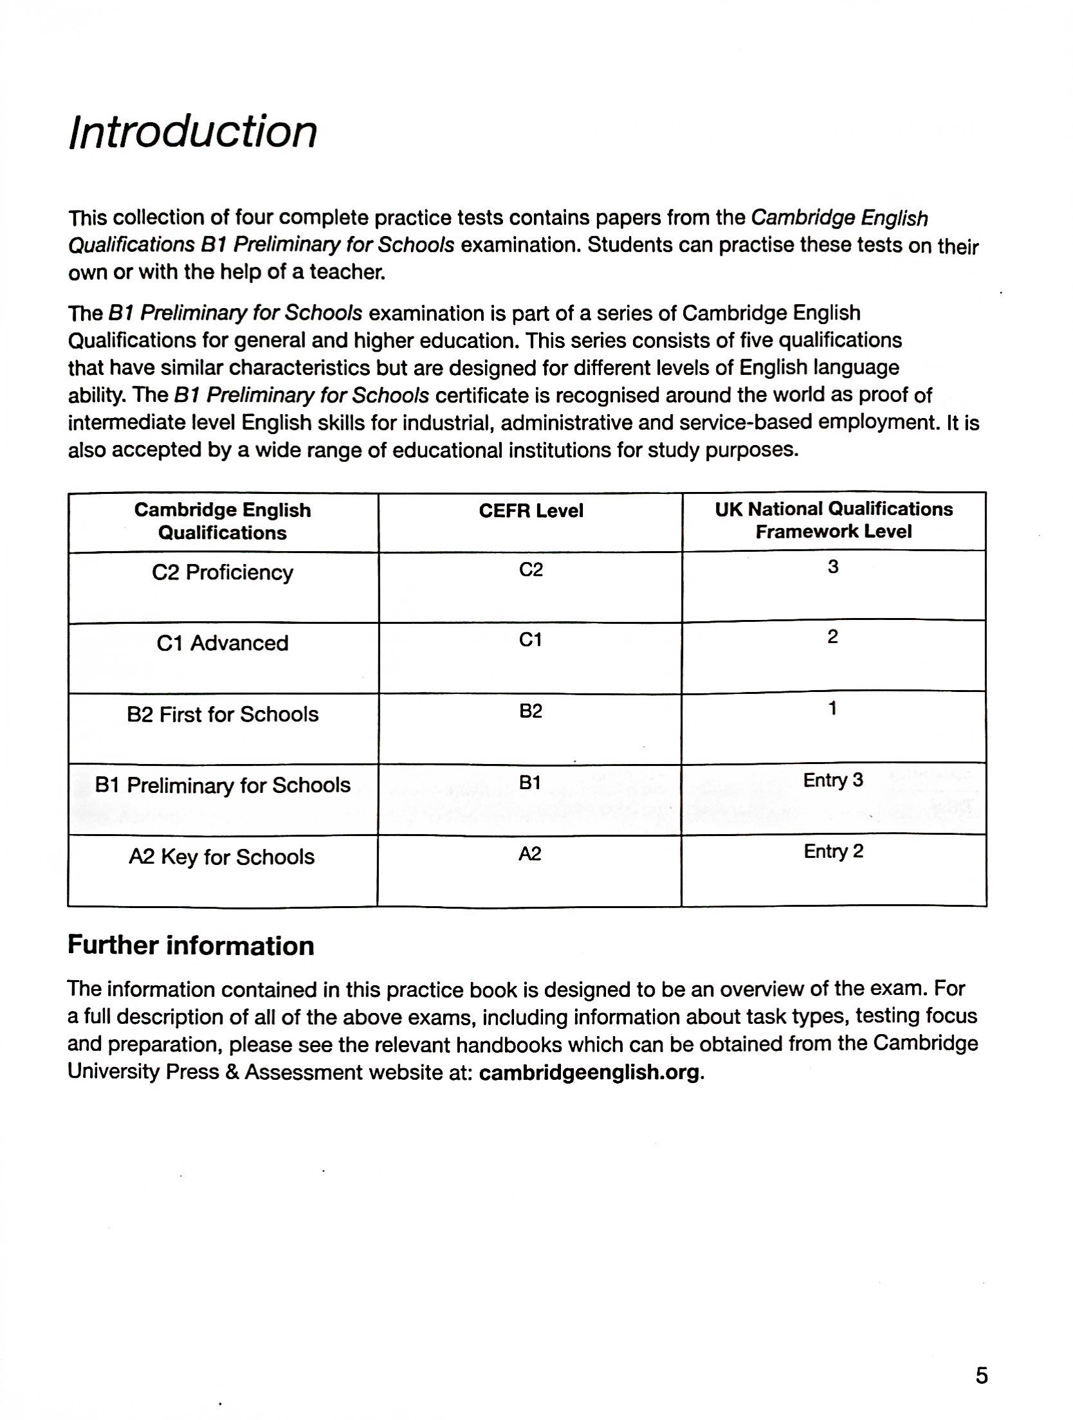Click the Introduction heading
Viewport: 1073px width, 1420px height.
click(x=192, y=132)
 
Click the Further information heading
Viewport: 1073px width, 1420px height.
click(x=190, y=946)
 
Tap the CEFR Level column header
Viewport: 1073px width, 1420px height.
click(x=531, y=511)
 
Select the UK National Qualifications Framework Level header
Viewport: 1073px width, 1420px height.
click(x=834, y=520)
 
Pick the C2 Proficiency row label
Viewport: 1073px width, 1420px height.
click(x=223, y=572)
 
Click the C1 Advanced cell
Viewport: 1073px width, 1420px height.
click(x=223, y=643)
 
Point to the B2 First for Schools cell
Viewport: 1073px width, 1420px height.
click(x=223, y=715)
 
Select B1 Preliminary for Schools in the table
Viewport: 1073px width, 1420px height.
click(x=223, y=785)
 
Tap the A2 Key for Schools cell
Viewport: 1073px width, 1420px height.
click(x=222, y=857)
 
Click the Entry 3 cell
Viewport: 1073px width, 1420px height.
click(x=833, y=780)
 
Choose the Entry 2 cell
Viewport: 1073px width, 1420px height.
click(x=833, y=851)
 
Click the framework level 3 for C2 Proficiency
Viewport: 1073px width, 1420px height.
click(x=833, y=567)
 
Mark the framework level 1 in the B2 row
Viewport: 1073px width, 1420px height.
click(x=833, y=709)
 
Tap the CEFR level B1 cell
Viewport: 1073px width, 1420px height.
click(x=530, y=783)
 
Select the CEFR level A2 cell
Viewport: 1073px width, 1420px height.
click(x=530, y=854)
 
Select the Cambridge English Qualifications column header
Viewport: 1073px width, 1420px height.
click(x=223, y=522)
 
